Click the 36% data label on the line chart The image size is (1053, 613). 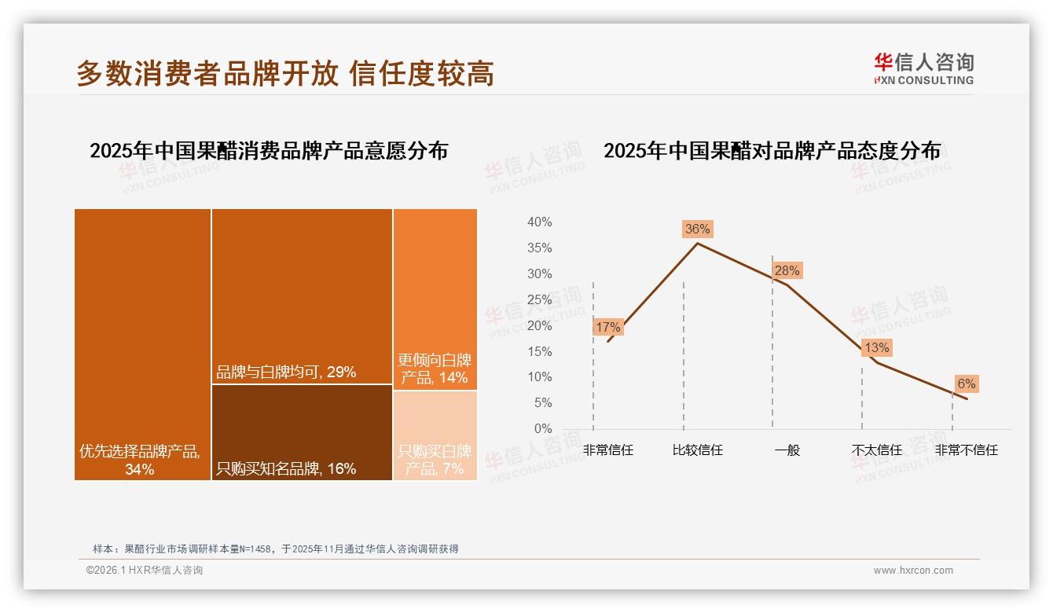pyautogui.click(x=697, y=229)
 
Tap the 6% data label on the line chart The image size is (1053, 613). pyautogui.click(x=966, y=384)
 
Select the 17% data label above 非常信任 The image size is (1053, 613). pyautogui.click(x=608, y=327)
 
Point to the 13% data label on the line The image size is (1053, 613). pyautogui.click(x=876, y=347)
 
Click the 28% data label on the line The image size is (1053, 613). pyautogui.click(x=787, y=270)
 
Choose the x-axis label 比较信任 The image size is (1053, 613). pyautogui.click(x=697, y=450)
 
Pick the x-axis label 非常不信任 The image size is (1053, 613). pyautogui.click(x=966, y=450)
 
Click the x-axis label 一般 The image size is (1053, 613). pyautogui.click(x=787, y=450)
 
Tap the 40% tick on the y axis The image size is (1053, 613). pyautogui.click(x=539, y=222)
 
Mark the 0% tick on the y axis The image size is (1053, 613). pyautogui.click(x=543, y=428)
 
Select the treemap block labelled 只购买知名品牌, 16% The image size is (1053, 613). pyautogui.click(x=302, y=432)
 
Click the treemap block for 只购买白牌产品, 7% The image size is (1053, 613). pyautogui.click(x=435, y=435)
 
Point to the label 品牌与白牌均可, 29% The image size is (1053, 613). pyautogui.click(x=286, y=372)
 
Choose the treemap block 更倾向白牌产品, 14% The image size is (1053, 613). pyautogui.click(x=435, y=299)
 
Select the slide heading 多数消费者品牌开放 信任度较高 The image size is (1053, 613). pyautogui.click(x=285, y=73)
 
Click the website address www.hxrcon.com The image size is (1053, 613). pyautogui.click(x=913, y=571)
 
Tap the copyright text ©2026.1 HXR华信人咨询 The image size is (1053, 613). pyautogui.click(x=145, y=571)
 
